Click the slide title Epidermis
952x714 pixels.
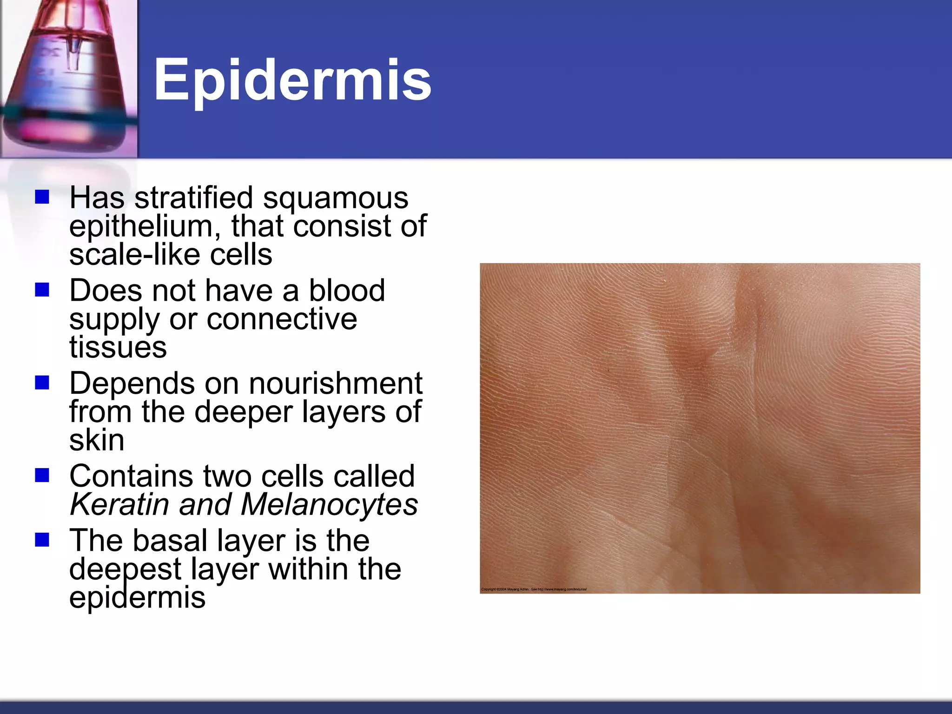292,80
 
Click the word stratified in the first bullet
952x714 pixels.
194,198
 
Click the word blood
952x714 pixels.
347,291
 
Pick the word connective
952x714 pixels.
282,319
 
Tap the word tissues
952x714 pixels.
118,347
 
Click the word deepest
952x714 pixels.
125,569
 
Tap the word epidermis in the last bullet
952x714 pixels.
137,598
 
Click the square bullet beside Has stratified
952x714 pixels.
42,197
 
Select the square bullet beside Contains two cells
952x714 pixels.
42,476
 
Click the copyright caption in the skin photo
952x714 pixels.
534,589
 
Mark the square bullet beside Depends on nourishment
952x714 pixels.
42,383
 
